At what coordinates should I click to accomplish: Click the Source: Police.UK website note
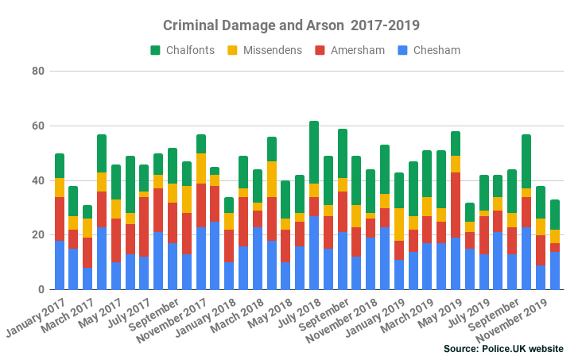coord(504,348)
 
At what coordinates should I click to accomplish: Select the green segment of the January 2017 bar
coord(60,166)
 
